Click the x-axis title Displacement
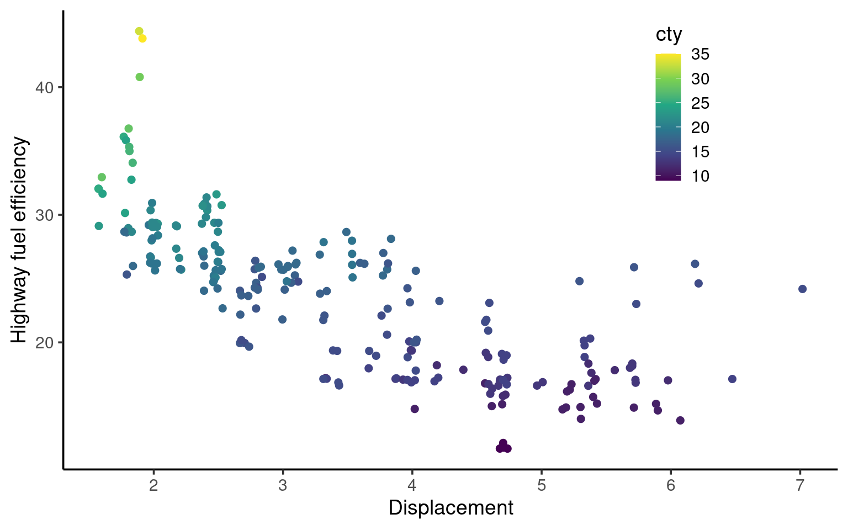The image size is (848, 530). coord(451,508)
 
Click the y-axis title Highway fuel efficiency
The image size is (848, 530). coord(19,240)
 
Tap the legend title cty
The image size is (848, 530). coord(669,35)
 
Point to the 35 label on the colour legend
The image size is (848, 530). coord(700,55)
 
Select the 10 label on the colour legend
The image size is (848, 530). coord(700,176)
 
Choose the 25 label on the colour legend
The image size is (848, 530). coord(700,103)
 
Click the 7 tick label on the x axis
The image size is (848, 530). coord(800,485)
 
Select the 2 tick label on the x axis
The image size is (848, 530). coord(153,485)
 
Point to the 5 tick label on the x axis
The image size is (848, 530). coord(542,485)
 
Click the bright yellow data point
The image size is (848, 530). coord(142,39)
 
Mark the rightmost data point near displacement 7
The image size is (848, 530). coord(802,289)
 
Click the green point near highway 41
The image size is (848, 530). coord(140,77)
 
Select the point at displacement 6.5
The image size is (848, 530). coord(732,379)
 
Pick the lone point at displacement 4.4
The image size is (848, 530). coord(463,370)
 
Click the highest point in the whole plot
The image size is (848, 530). coord(139,31)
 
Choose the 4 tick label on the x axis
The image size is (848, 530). coord(412,485)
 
